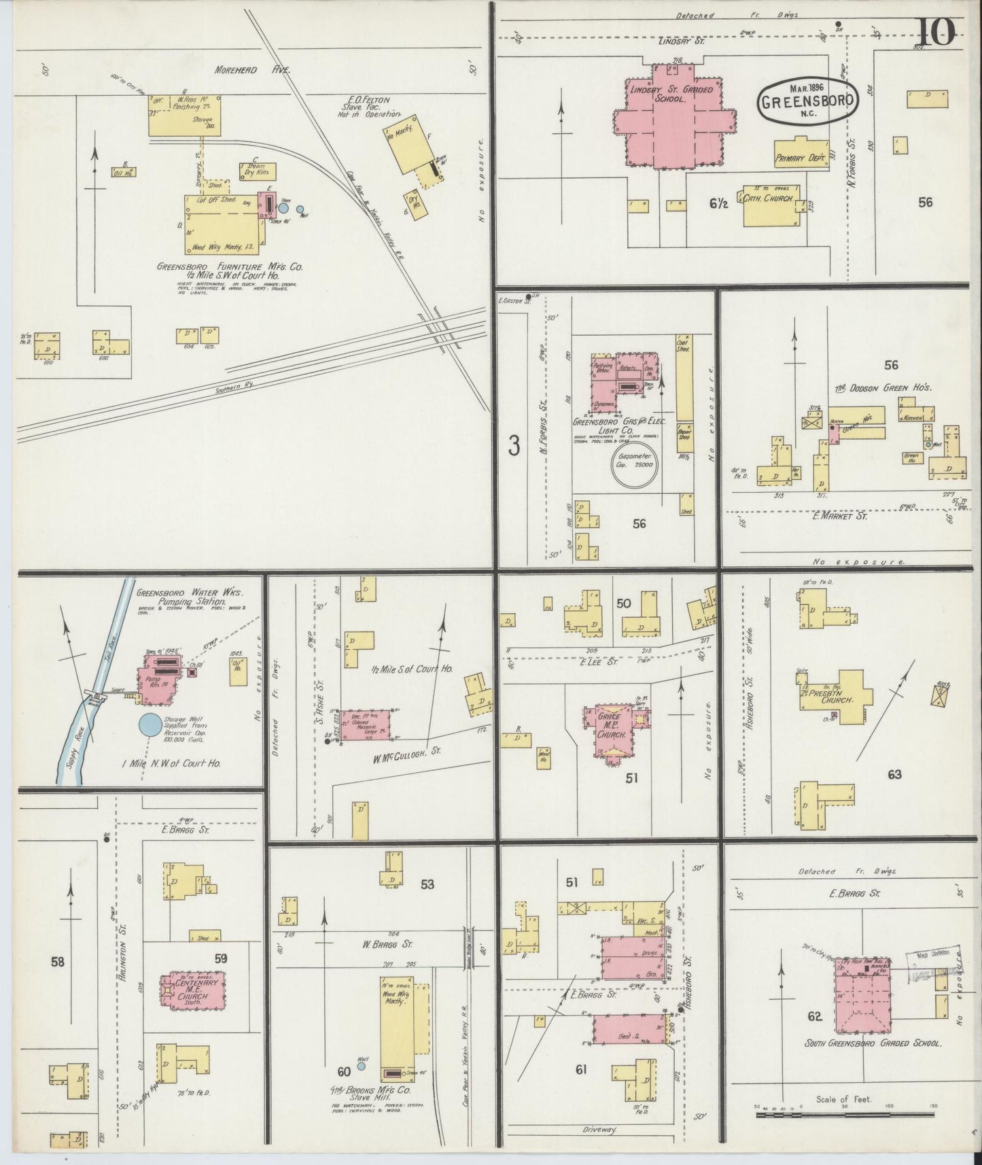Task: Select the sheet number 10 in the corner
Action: (939, 31)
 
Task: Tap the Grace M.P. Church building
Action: (610, 731)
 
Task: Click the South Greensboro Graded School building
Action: (862, 1003)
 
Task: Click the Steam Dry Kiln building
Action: (258, 171)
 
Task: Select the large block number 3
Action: (514, 446)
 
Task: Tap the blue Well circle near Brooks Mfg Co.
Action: (362, 1066)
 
